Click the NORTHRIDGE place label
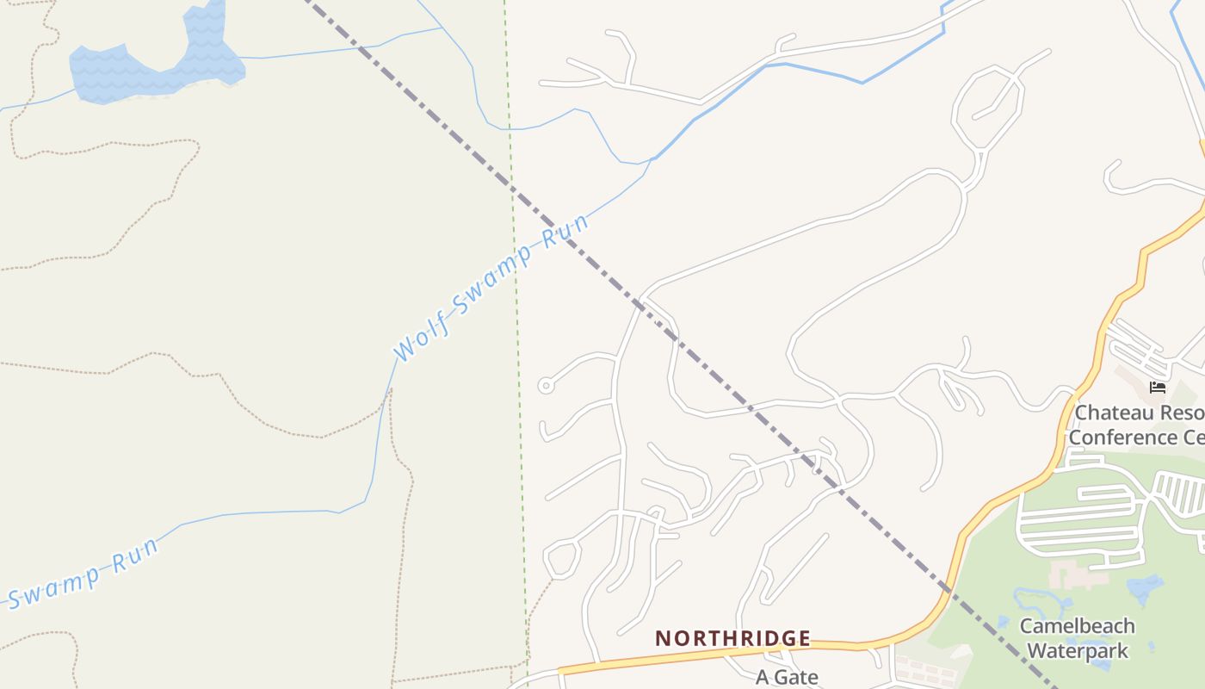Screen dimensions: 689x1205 pos(732,638)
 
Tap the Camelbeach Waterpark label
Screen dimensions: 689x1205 pos(1077,638)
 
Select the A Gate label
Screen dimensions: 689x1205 pos(787,677)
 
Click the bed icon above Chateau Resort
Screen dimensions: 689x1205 pos(1157,388)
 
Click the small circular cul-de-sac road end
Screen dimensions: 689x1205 pos(545,386)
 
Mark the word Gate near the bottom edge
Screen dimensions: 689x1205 pos(797,677)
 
